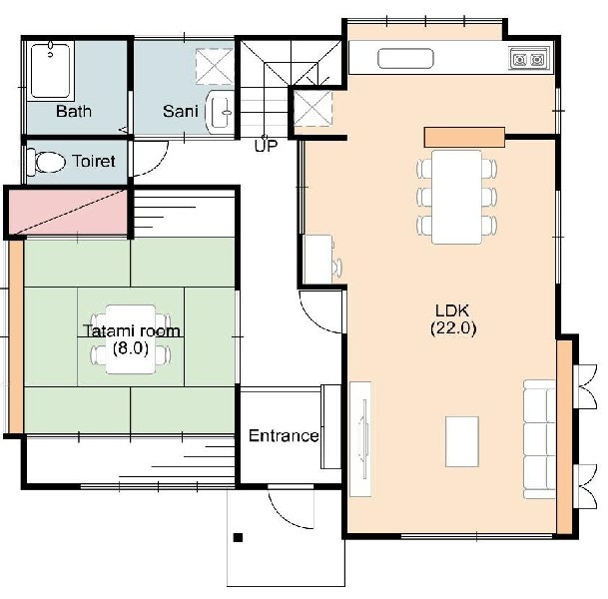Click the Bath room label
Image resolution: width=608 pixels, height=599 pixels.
pos(74,111)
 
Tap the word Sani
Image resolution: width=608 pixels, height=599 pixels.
pos(181,111)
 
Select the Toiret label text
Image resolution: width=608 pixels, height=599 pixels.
pos(94,161)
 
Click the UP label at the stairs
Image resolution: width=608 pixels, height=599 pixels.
pos(266,146)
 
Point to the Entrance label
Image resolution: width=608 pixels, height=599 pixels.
pos(284,436)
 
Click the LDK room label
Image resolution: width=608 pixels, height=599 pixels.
pos(452,310)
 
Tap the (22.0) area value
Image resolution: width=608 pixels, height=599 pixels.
pos(453,328)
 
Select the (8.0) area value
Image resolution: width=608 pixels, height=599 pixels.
pos(131,348)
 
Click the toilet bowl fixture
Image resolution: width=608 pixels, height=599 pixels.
pos(47,162)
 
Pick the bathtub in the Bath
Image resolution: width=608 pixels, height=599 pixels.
pos(50,71)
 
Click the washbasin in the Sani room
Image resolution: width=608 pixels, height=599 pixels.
pos(221,112)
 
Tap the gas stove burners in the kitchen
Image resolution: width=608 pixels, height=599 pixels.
pos(528,60)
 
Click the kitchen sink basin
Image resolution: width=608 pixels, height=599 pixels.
pos(405,59)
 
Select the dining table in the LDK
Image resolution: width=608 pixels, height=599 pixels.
pos(457,197)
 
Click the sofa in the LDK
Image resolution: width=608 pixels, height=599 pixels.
pos(540,439)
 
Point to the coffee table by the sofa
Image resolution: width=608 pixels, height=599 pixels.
pos(462,441)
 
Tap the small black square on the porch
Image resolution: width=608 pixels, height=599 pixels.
pos(238,537)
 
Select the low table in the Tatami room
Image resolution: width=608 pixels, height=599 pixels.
pos(131,339)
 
